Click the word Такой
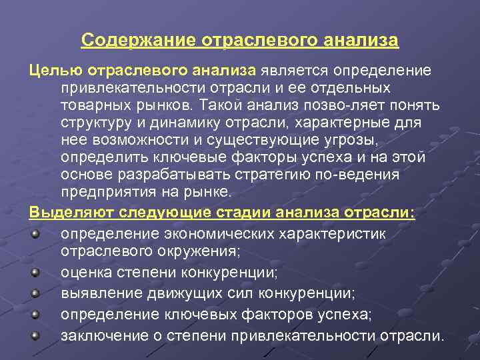[x=224, y=105]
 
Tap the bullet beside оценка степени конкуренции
[x=35, y=272]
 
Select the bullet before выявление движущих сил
[x=35, y=292]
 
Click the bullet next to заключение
[x=35, y=335]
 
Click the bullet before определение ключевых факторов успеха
[x=35, y=313]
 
